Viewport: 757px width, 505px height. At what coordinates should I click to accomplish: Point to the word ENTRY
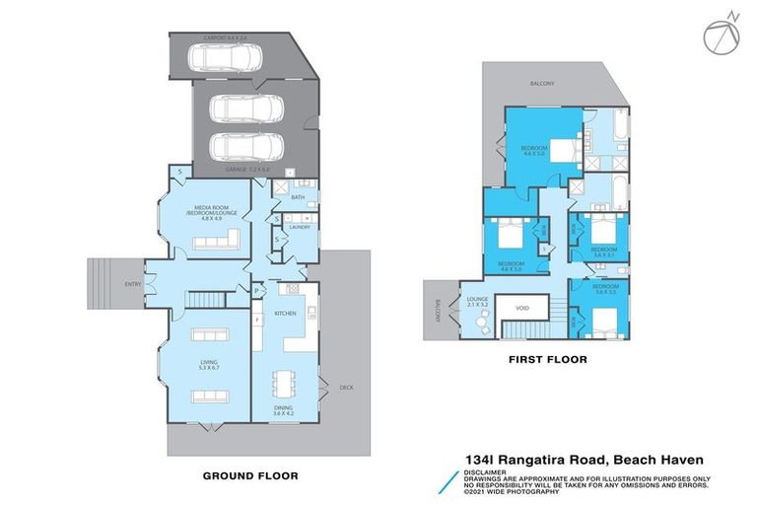[131, 284]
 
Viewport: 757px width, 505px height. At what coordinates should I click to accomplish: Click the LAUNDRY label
[301, 228]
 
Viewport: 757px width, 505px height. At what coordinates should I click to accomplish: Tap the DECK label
[346, 387]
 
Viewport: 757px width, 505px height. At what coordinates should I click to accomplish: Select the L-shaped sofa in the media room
[223, 240]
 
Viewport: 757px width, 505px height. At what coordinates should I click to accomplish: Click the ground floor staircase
[208, 298]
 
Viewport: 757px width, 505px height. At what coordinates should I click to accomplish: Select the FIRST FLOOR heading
[548, 361]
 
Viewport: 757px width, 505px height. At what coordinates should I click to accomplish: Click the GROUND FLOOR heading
[249, 475]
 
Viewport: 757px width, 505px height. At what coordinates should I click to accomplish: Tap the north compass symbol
[719, 34]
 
